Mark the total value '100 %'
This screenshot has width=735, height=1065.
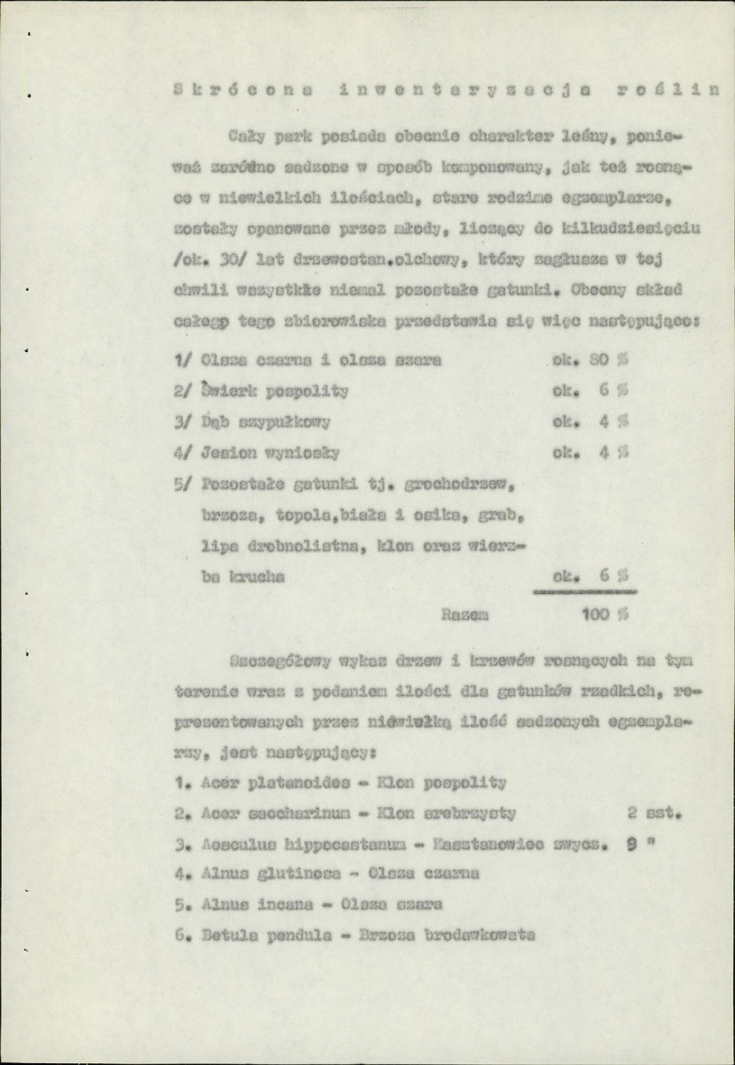(603, 613)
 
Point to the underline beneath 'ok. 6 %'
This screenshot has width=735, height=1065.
(584, 589)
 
